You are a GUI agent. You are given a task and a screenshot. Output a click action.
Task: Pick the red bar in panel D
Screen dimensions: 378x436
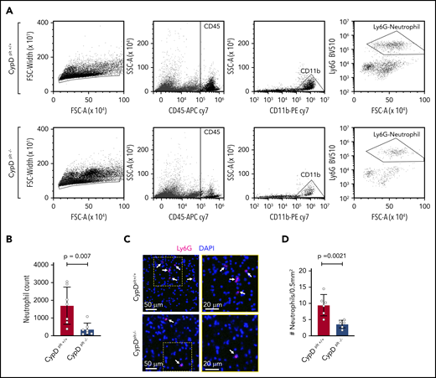pos(347,320)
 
